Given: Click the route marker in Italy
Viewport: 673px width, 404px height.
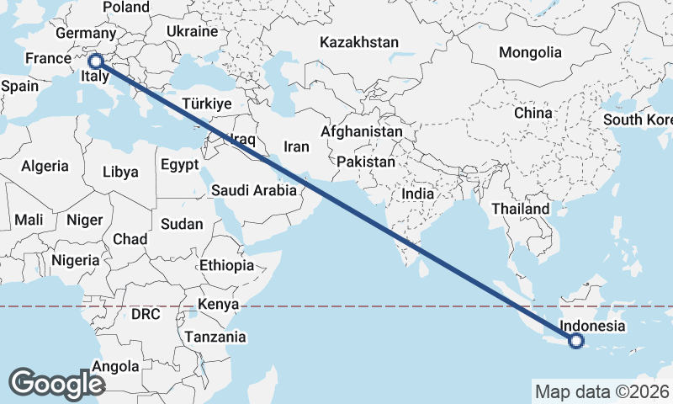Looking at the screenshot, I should click(96, 61).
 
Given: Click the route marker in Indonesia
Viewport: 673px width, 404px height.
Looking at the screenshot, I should click(576, 341).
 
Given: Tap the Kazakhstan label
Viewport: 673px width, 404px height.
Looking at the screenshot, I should click(359, 42).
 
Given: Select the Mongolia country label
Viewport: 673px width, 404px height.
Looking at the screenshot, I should click(530, 52).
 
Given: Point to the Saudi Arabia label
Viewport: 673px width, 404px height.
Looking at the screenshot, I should click(254, 190).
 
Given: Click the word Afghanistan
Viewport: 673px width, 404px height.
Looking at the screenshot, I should click(361, 132).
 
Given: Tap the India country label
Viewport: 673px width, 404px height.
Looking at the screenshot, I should click(418, 194).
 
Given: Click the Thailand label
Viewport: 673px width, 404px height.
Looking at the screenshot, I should click(521, 209).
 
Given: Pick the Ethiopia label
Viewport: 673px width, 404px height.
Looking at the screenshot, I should click(226, 265).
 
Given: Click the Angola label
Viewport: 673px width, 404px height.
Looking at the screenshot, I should click(115, 366).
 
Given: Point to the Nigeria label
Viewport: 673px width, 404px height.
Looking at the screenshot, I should click(76, 260).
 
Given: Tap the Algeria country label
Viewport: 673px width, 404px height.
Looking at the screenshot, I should click(45, 167).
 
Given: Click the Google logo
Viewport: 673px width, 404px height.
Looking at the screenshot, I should click(56, 384).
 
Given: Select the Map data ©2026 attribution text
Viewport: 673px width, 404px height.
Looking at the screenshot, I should click(601, 391).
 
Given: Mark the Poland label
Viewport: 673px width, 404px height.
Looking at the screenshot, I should click(125, 8).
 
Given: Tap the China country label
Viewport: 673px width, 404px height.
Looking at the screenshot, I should click(533, 113).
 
